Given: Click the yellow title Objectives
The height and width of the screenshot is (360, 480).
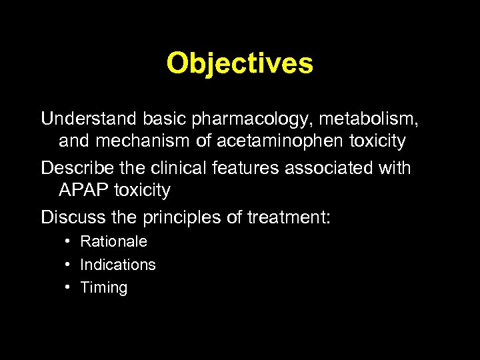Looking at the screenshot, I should [x=239, y=63].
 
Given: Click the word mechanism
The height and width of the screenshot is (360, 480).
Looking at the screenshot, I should [x=147, y=142].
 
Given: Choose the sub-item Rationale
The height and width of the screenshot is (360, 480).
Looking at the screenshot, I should [x=113, y=241].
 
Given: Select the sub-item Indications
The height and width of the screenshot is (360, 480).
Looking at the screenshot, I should [x=117, y=265].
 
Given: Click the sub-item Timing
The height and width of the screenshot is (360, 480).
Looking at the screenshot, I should [x=103, y=288].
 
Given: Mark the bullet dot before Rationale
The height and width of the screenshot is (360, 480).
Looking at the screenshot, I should [x=69, y=241].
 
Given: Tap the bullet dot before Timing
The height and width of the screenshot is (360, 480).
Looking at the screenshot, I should [x=69, y=287].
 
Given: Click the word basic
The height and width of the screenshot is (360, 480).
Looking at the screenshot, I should [x=165, y=119].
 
